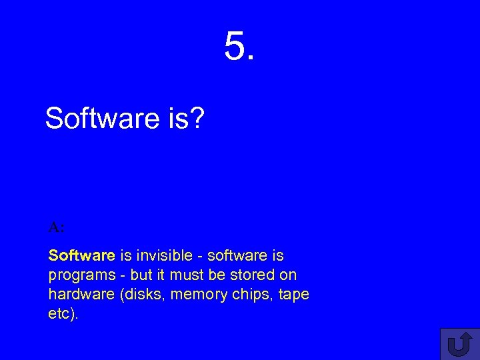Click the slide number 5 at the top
click(x=239, y=47)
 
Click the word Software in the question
click(x=99, y=119)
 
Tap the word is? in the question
click(x=183, y=119)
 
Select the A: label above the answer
click(x=56, y=227)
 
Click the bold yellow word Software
click(x=82, y=255)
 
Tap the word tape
click(x=294, y=295)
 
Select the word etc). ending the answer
click(x=63, y=313)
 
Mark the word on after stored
click(x=289, y=275)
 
